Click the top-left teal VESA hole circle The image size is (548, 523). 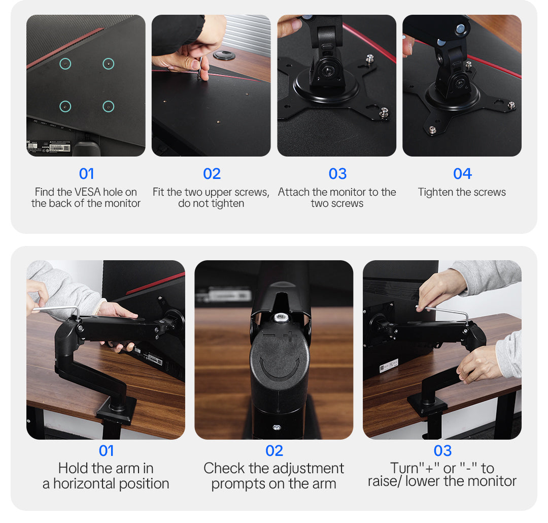[65, 64]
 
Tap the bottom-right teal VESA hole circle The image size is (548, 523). [109, 106]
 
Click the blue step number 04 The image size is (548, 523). [462, 174]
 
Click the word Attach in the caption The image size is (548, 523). [294, 192]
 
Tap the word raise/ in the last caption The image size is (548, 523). [385, 481]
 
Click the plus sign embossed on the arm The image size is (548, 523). [290, 337]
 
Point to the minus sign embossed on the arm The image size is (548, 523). [269, 335]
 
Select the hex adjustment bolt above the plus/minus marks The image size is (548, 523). [281, 318]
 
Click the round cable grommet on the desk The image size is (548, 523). [224, 55]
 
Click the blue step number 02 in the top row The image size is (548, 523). [212, 174]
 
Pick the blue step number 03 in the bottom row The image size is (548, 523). [442, 450]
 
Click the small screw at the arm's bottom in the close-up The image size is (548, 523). [277, 427]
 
